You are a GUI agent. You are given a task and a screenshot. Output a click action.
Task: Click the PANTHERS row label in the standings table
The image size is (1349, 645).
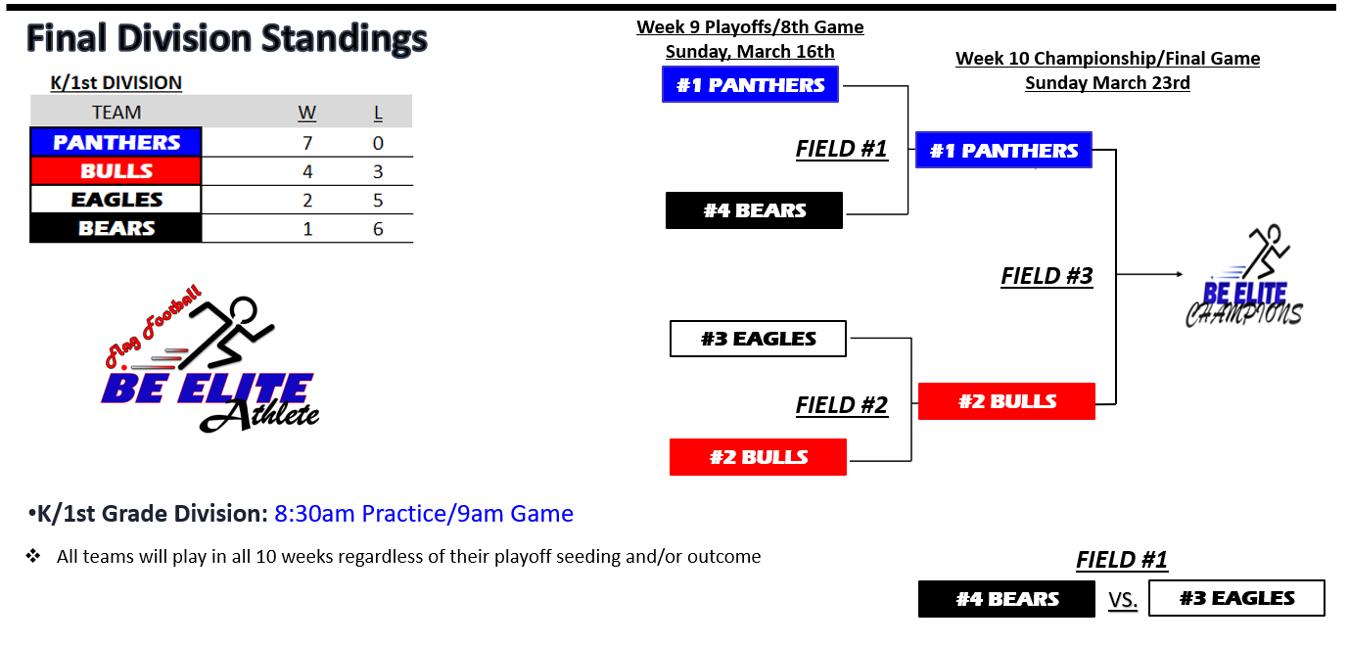tap(116, 142)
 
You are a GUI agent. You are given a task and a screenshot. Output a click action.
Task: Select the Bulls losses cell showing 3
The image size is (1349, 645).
tap(378, 171)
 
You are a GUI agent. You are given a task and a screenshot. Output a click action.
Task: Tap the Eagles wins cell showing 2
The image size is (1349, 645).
tap(307, 200)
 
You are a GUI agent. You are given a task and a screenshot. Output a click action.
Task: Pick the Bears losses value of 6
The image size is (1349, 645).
tap(378, 229)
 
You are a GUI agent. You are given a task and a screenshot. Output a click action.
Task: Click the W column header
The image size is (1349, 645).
tap(307, 113)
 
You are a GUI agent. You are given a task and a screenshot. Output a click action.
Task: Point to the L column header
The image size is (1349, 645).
tap(378, 113)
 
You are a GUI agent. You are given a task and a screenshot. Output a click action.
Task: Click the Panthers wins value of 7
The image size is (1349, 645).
tap(307, 143)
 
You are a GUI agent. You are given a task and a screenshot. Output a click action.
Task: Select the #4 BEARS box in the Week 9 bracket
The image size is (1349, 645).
tap(754, 210)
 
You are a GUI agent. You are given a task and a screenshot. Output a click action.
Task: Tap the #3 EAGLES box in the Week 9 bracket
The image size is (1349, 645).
tap(758, 339)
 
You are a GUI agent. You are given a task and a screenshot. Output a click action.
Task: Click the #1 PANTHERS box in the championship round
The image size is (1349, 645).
tap(1003, 150)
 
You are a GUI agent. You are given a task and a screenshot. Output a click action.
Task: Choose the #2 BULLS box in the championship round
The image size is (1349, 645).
tap(1006, 401)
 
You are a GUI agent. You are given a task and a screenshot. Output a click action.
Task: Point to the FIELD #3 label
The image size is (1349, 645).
tap(1047, 276)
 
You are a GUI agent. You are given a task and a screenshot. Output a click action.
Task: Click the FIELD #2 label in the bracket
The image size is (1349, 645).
tap(841, 404)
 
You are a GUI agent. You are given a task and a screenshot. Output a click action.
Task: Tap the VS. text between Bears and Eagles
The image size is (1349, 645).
tap(1123, 600)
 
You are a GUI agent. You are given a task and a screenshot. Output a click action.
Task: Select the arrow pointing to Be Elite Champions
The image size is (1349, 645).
tap(1149, 274)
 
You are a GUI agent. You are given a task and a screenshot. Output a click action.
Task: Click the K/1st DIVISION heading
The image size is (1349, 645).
tap(116, 82)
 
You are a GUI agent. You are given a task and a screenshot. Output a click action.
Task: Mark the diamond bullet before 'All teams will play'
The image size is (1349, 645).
tap(33, 556)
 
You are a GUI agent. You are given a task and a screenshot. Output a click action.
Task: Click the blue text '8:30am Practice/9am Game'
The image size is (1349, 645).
tap(423, 514)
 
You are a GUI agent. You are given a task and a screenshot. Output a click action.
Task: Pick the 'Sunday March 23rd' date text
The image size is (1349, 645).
tap(1107, 82)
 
